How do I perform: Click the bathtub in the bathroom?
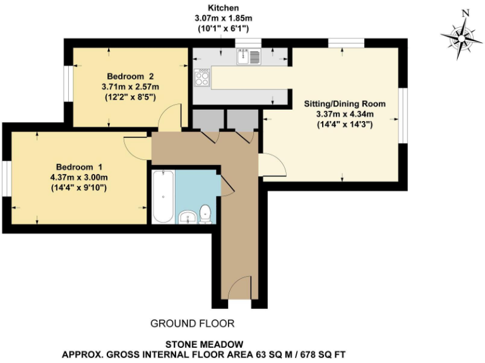tap(163, 196)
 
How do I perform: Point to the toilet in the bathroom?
tap(205, 214)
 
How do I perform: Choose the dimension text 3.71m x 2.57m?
tap(131, 86)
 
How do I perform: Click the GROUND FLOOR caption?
tap(192, 323)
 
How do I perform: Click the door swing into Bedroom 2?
tap(169, 117)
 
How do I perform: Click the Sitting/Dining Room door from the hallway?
tap(272, 165)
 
